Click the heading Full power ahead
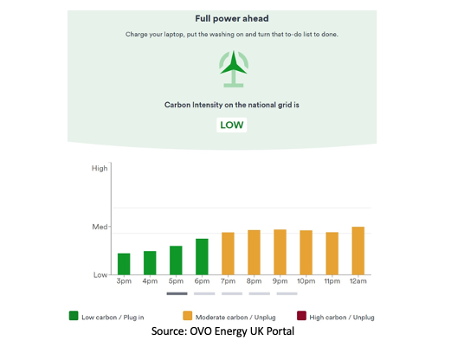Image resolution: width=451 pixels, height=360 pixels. [232, 18]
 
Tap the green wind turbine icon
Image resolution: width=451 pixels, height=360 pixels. [234, 68]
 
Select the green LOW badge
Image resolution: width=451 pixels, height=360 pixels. [232, 125]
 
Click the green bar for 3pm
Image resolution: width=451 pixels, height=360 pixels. [124, 264]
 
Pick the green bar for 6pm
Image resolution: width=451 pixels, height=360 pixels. [202, 257]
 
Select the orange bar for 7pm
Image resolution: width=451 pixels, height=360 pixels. [228, 254]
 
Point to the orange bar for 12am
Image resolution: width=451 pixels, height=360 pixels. [358, 251]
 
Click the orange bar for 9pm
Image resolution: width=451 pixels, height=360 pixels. [280, 252]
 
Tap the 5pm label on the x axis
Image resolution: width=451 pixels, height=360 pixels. [176, 281]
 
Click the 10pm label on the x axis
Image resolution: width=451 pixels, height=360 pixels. [306, 281]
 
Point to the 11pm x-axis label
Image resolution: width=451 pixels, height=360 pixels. [332, 281]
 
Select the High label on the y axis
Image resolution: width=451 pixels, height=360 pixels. [100, 169]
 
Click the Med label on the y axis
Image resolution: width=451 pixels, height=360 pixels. [100, 227]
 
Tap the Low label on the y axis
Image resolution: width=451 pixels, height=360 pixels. [100, 275]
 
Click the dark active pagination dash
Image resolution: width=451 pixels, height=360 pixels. [177, 293]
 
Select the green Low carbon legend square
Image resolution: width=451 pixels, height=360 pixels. [74, 316]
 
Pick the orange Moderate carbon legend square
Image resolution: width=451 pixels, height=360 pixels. [188, 316]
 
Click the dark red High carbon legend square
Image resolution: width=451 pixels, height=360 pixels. [301, 316]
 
